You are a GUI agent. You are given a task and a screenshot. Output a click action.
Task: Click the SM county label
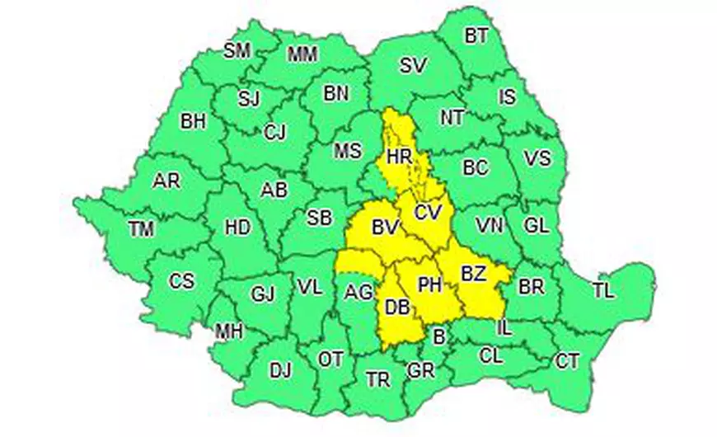pos(237,50)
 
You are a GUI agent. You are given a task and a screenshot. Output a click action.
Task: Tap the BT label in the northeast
pos(476,35)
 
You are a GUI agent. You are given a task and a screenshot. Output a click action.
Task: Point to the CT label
pos(567,361)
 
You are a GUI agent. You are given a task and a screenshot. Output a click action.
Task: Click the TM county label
pos(142,231)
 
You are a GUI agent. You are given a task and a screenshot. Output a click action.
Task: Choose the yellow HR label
pos(399,156)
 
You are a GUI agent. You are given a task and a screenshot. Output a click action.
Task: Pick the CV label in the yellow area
pos(429,212)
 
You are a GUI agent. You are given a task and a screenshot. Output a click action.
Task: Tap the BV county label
pos(385,225)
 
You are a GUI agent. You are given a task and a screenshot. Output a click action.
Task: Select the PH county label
pos(430,285)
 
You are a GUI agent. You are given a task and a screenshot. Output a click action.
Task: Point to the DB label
pos(397,308)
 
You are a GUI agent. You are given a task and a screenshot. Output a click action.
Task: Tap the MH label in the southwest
pos(228,331)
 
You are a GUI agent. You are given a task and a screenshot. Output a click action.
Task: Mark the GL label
pos(536,224)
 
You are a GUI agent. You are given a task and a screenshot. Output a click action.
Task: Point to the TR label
pos(378,379)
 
